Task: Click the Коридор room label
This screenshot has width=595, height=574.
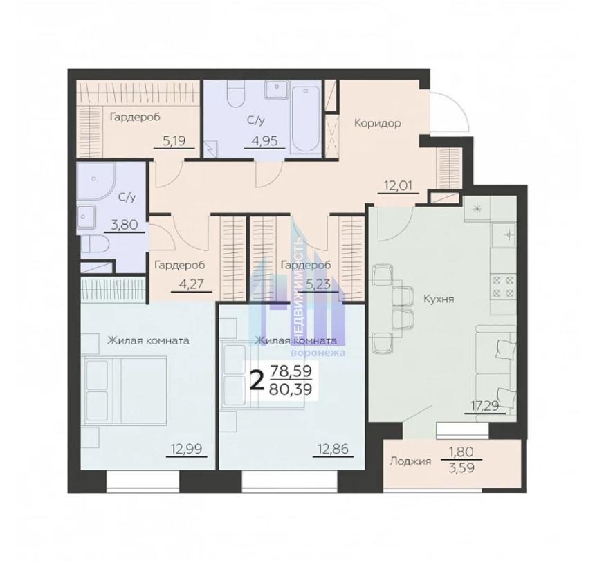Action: click(377, 123)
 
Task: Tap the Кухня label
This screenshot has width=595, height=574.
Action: click(439, 299)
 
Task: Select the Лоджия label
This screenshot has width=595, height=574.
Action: click(410, 461)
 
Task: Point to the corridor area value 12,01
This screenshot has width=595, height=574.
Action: click(398, 186)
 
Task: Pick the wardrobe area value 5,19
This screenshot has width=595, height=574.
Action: click(174, 141)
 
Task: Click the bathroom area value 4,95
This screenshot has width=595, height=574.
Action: click(264, 141)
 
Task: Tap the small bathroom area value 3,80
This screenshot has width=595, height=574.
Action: click(123, 225)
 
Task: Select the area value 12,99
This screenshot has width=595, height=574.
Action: click(186, 449)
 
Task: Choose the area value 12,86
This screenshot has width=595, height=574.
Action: click(333, 449)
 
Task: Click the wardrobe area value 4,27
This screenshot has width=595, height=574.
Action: click(191, 284)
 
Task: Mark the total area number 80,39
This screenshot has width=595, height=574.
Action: click(291, 389)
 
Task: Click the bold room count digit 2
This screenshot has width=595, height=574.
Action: click(257, 380)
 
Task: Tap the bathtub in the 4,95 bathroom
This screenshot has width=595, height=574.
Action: click(306, 119)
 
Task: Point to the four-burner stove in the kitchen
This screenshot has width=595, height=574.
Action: click(503, 286)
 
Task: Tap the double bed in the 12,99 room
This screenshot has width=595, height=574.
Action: click(125, 389)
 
